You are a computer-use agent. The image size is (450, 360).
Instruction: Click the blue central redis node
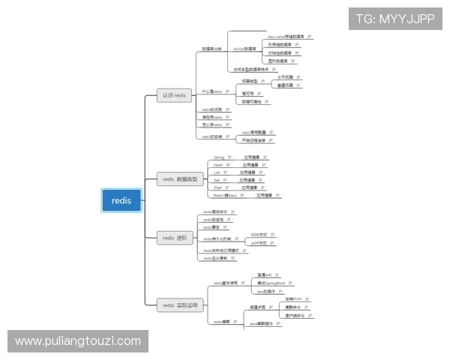click(x=121, y=200)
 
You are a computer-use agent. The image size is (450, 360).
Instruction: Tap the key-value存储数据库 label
click(x=284, y=36)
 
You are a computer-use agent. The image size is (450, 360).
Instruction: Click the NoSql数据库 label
click(x=244, y=48)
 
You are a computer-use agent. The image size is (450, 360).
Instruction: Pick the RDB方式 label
click(x=259, y=235)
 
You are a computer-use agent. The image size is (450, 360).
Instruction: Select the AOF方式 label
click(x=259, y=244)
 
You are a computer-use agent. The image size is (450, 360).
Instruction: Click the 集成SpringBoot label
click(x=271, y=283)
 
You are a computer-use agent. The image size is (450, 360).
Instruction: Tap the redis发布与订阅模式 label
click(x=220, y=250)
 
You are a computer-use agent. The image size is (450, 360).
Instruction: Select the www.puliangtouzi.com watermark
click(x=78, y=341)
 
